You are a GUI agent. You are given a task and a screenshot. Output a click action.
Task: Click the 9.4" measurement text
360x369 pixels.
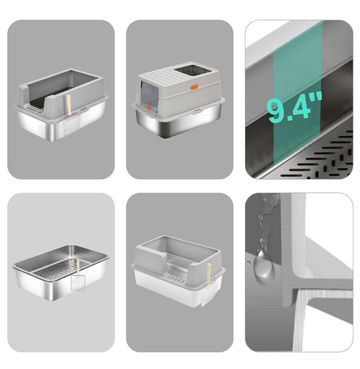pos(295,106)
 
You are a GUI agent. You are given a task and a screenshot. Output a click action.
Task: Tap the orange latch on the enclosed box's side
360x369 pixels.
pos(195,87)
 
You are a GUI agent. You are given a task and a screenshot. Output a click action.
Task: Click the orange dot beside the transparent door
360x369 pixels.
pos(148,107)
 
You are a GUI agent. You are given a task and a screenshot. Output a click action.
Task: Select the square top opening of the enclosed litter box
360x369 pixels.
pos(193,70)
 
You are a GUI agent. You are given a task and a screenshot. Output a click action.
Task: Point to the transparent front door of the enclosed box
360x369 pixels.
pos(149,96)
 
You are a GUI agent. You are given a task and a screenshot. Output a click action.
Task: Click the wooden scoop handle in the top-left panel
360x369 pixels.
pos(69,105)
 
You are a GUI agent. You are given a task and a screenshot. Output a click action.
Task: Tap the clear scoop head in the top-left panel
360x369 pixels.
pos(71,125)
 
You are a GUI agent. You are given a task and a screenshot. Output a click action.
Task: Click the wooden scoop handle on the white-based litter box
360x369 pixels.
pos(209,274)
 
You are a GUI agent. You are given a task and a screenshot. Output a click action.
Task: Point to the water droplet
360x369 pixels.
pos(264,268)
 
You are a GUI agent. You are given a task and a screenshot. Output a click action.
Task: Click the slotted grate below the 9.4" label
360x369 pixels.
pos(317,158)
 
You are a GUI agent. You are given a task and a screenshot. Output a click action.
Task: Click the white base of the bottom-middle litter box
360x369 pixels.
pos(173,290)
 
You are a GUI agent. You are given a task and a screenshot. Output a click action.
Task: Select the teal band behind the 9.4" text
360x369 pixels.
pos(298,93)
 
